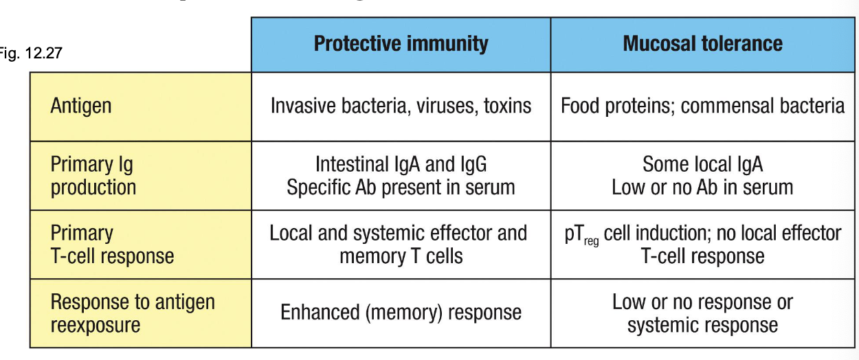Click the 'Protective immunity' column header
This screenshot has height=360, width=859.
coord(401,43)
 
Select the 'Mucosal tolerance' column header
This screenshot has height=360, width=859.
coord(702,43)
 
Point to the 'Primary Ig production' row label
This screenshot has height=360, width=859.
coord(93,176)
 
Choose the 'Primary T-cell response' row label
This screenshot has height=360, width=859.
coord(112,244)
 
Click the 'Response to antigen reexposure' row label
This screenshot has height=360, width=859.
coord(133,313)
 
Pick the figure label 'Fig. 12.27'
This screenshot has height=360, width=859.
coord(31,53)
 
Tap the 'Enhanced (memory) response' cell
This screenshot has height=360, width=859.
coord(401,312)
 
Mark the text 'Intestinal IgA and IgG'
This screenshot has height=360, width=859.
coord(401,164)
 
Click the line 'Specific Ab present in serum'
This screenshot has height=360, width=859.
coord(401,188)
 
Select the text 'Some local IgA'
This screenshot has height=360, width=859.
coord(702,164)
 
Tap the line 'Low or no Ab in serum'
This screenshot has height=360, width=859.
coord(702,188)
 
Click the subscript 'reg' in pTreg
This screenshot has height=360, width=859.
coord(591,242)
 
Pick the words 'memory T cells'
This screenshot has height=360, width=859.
coord(401,256)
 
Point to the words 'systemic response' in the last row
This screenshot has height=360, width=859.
coord(702,325)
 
